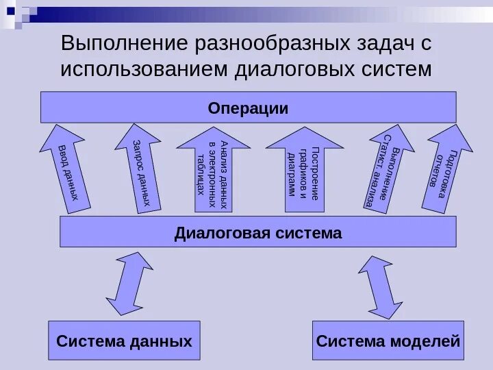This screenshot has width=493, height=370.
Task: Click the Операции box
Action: [248, 108]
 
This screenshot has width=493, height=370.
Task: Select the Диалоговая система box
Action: [257, 232]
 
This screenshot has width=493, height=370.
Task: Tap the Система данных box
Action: [124, 341]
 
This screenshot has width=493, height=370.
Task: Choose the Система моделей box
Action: [388, 341]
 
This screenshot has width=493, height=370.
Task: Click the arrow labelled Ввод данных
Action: [63, 168]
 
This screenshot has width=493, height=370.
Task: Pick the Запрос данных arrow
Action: [144, 168]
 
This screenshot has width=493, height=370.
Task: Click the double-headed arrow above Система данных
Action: [129, 284]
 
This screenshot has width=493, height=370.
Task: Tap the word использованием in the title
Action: [144, 69]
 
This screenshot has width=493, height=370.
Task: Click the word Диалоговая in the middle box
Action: [219, 232]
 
